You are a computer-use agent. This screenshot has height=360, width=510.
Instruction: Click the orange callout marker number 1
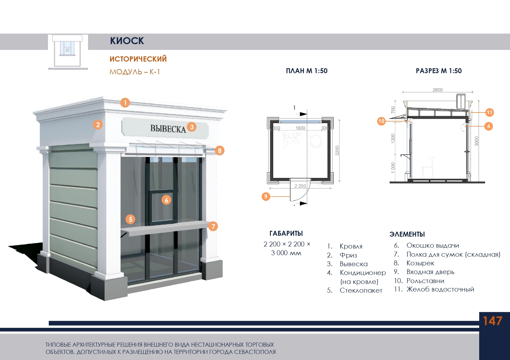(x=125, y=102)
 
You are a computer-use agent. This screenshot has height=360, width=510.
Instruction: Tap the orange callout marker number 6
(x=166, y=200)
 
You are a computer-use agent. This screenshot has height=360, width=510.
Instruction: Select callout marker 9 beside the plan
(x=266, y=197)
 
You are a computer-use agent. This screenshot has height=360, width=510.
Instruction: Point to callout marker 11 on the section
(x=490, y=112)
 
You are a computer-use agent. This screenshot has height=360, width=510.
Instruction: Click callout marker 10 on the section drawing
(x=381, y=121)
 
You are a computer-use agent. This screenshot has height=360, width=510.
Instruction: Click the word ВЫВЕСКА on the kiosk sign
(x=168, y=129)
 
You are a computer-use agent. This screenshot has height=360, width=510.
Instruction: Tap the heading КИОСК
(x=127, y=41)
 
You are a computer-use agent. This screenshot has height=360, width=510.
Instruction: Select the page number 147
(x=492, y=321)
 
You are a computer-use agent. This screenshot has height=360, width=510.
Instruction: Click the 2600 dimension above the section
(x=437, y=90)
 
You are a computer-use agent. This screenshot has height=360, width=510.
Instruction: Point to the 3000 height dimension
(x=476, y=141)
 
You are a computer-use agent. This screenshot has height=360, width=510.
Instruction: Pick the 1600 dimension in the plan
(x=300, y=128)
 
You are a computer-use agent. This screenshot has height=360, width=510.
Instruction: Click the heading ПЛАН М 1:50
(x=307, y=71)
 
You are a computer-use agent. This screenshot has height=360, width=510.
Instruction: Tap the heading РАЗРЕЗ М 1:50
(x=439, y=71)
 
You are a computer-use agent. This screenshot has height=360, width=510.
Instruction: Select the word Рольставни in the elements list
(x=425, y=281)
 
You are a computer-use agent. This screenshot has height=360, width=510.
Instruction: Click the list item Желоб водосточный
(x=440, y=289)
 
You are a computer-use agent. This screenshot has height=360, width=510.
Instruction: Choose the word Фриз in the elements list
(x=348, y=255)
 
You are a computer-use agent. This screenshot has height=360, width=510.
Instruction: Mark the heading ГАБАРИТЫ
(x=286, y=233)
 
